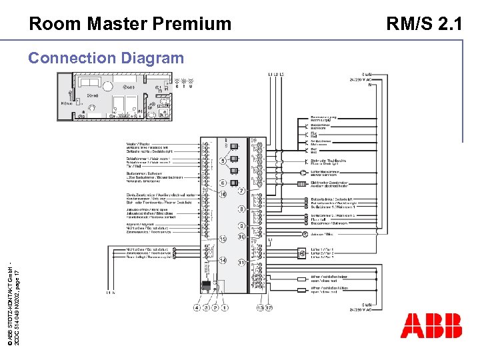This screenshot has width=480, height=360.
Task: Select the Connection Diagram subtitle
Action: (x=105, y=58)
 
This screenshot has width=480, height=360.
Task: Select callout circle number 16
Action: (x=223, y=193)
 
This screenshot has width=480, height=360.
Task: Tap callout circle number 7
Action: (x=242, y=191)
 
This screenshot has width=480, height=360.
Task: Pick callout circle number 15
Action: (x=223, y=239)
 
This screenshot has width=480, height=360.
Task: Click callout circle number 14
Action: (x=223, y=260)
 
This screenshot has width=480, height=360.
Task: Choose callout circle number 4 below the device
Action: (x=196, y=308)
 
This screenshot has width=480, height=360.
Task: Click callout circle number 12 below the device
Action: (x=269, y=308)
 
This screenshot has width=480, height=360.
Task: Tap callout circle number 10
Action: (x=242, y=237)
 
